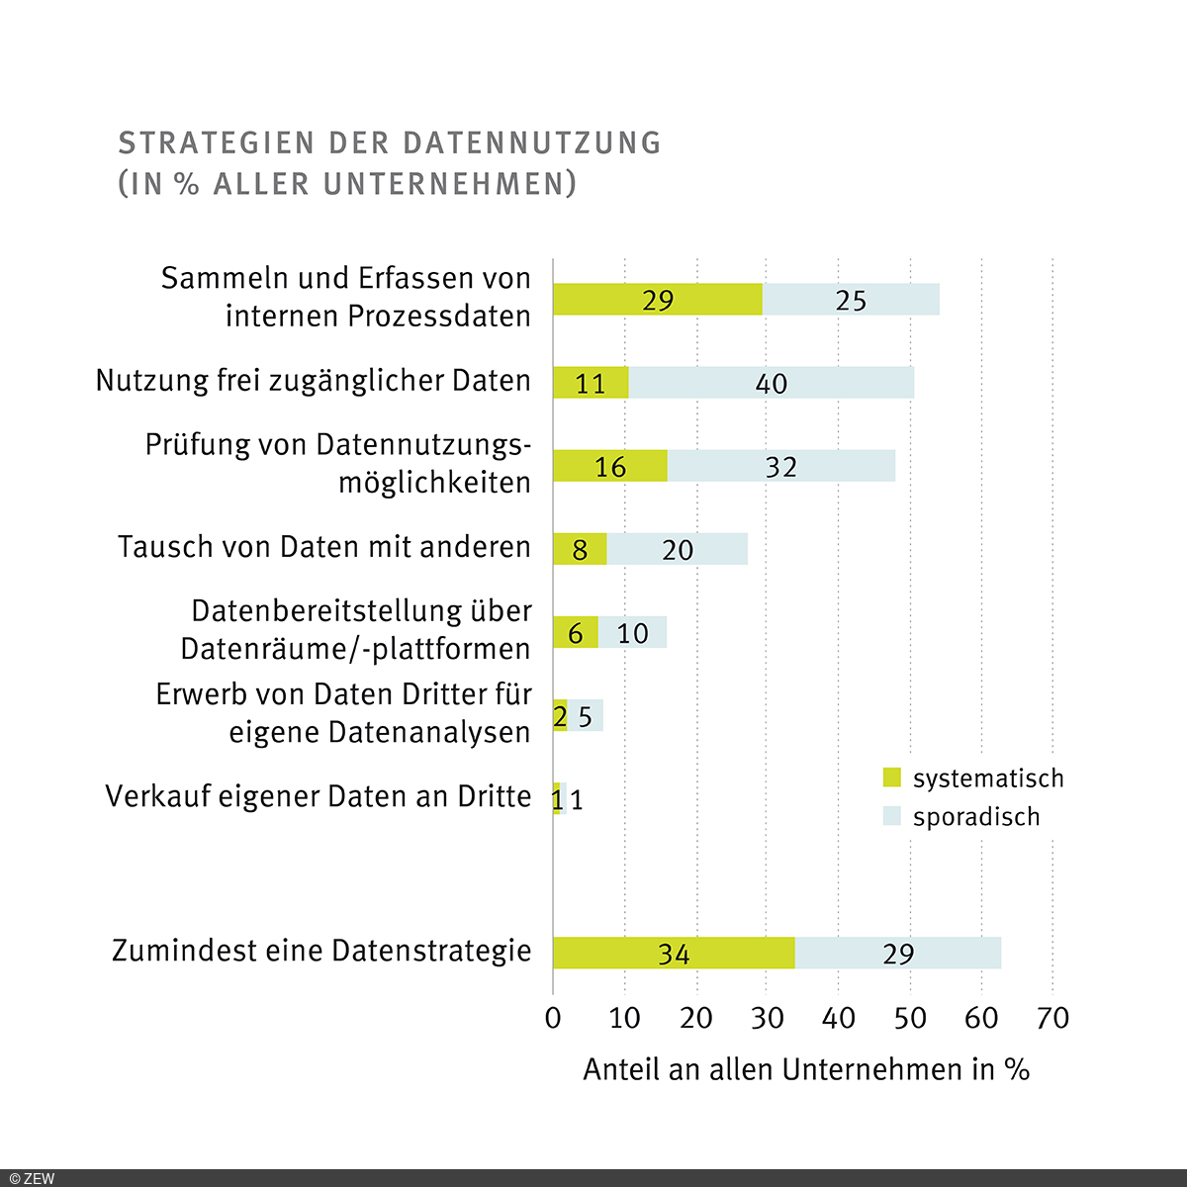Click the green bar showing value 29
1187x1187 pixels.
[657, 300]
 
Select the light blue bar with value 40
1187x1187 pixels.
[771, 383]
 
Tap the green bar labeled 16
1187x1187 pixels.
[609, 466]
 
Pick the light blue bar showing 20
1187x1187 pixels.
[678, 549]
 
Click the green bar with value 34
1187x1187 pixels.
[673, 953]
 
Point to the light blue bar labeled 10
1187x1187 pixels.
[632, 632]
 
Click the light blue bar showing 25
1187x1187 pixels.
[851, 300]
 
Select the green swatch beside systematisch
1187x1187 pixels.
[892, 777]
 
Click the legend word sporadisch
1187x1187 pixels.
[976, 817]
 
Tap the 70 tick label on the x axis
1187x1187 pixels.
[1053, 1018]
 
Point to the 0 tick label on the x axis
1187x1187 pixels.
[553, 1018]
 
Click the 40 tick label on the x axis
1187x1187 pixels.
[839, 1018]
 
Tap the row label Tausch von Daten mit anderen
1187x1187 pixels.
[324, 547]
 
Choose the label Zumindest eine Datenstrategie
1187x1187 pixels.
[321, 951]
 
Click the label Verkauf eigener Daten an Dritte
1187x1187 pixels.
[319, 796]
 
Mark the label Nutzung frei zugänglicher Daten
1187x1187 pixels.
[314, 381]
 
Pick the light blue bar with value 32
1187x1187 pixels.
[781, 466]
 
